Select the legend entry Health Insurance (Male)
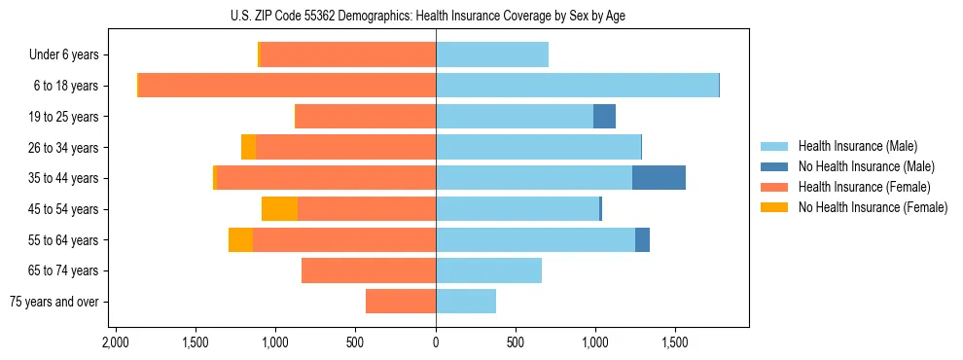[x=857, y=146]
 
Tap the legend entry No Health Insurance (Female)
[x=873, y=207]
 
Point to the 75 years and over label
[x=53, y=302]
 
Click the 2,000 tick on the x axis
[x=116, y=342]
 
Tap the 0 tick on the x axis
[x=436, y=342]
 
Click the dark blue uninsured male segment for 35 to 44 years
[x=659, y=178]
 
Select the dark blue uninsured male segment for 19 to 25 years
[x=604, y=117]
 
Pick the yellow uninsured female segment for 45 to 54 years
[x=279, y=209]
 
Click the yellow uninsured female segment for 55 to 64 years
[x=240, y=239]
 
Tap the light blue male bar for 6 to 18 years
[x=577, y=86]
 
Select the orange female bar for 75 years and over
[x=401, y=302]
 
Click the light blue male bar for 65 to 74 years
[x=488, y=270]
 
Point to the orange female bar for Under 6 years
[x=348, y=55]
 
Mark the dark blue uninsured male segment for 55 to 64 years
[x=642, y=239]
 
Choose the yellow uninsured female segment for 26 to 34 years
[x=248, y=147]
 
